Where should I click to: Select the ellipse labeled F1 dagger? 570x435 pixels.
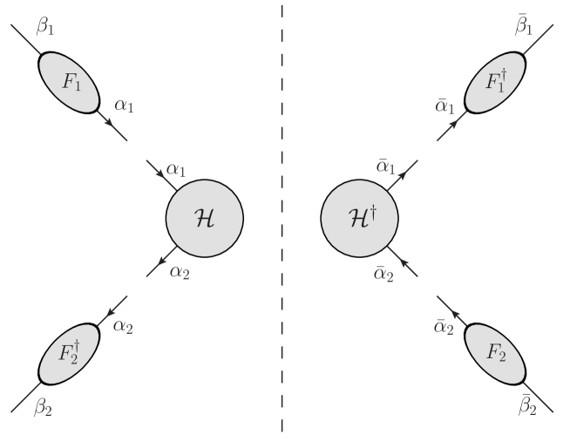click(x=496, y=83)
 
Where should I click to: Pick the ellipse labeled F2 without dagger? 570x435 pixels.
click(x=496, y=354)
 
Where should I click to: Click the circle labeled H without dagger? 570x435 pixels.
click(x=204, y=219)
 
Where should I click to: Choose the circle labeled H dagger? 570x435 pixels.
click(x=359, y=219)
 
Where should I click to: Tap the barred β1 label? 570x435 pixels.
click(x=525, y=26)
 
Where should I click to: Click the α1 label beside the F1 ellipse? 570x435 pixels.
click(x=125, y=105)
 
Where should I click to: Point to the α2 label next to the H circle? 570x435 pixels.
click(x=180, y=272)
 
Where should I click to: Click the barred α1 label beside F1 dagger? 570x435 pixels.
click(x=444, y=105)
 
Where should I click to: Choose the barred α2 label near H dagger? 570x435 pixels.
click(x=383, y=274)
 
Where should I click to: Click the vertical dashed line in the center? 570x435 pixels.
click(x=282, y=218)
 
